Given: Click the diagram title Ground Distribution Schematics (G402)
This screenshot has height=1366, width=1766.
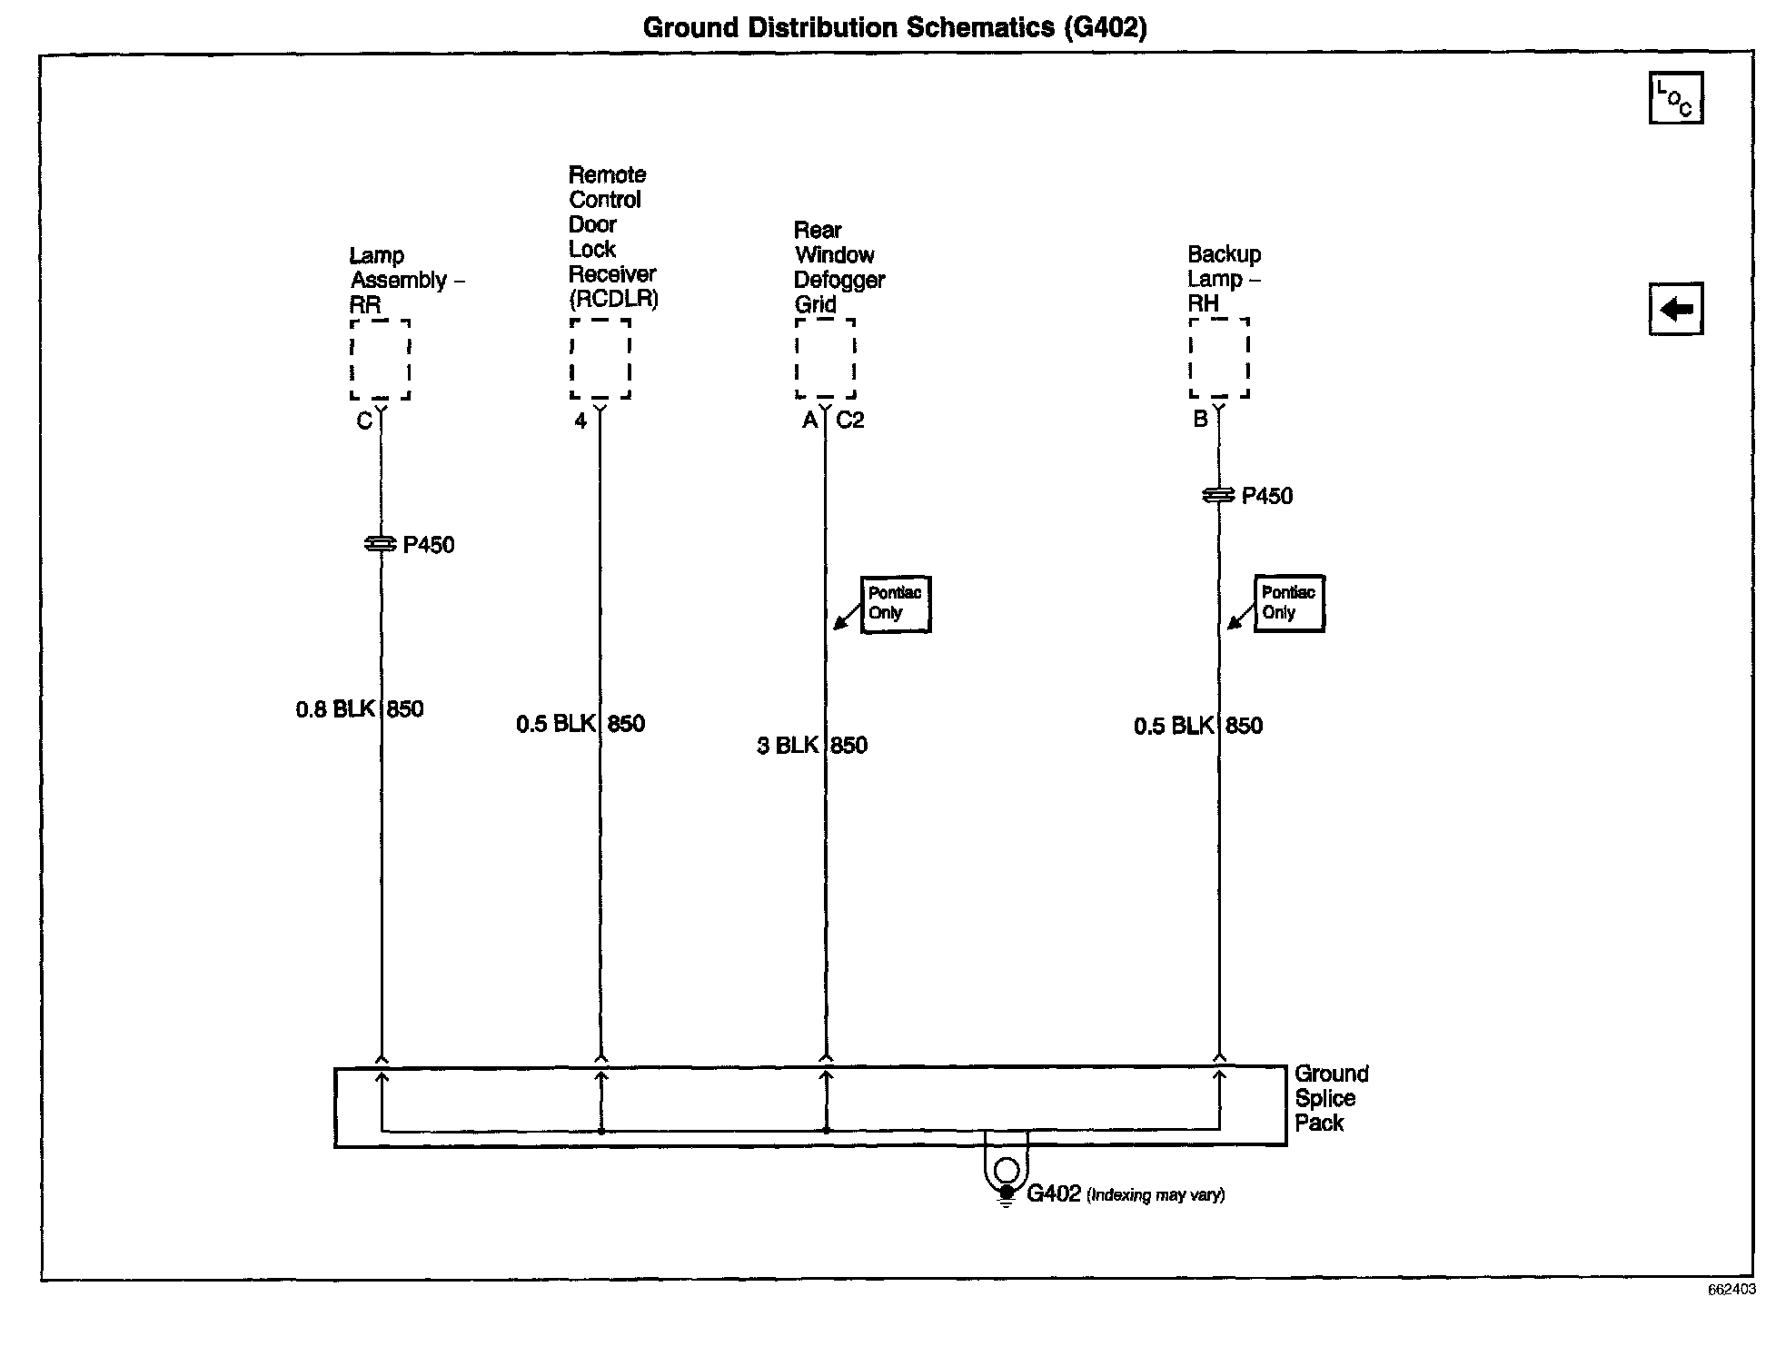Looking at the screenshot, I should (894, 27).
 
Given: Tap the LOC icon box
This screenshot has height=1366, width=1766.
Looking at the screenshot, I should (1675, 98).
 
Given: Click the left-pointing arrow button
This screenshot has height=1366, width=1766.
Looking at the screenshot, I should (1675, 310).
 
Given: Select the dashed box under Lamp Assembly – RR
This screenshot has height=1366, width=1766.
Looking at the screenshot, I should (381, 359).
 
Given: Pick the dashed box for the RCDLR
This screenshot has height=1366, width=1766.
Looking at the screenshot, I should (600, 358).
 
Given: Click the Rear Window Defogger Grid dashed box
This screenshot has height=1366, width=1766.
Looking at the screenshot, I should (825, 358).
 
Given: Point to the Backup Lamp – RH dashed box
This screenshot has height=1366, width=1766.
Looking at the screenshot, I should (1219, 358).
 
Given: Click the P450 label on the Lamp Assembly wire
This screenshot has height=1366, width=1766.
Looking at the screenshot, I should (428, 545).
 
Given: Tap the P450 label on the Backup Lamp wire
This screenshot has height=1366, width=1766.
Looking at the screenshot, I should (1266, 496).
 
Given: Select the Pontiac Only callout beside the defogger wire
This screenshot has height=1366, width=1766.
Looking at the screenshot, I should (896, 604).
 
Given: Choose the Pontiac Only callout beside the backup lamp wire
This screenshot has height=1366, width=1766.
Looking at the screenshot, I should (1289, 603).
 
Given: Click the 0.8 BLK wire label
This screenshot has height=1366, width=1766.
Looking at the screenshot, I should (334, 709).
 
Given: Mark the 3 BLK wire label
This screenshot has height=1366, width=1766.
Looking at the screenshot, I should (788, 746).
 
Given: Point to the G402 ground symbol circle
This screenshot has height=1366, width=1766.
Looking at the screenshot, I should (1006, 1170).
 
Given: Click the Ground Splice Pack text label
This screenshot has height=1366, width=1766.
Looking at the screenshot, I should (1330, 1098).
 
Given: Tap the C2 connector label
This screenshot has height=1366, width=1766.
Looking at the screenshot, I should (850, 421).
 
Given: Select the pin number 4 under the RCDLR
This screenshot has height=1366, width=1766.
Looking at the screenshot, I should (580, 421).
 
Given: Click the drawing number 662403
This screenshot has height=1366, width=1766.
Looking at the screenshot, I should (1731, 1290).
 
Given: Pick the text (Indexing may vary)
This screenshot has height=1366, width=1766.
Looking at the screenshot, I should (1156, 1195).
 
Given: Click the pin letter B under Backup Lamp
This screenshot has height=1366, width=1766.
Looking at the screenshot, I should (1200, 420).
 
